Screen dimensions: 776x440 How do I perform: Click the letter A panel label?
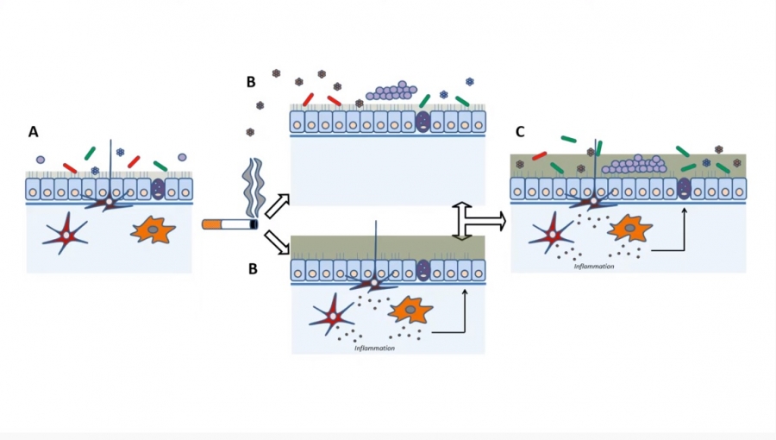33,132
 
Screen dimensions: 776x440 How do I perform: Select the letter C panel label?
520,132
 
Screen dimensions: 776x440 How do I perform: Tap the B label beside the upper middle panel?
251,82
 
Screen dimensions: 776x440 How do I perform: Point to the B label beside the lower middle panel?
253,269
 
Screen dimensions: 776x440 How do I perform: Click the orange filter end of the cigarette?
211,224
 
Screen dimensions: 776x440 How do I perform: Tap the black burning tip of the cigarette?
253,224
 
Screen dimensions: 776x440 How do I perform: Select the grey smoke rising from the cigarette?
253,187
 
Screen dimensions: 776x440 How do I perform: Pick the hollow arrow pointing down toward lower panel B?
277,242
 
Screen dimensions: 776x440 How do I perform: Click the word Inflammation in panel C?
594,267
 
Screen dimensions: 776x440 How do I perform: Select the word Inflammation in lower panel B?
375,348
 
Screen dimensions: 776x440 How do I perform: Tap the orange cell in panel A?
153,229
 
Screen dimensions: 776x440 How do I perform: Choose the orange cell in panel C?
629,229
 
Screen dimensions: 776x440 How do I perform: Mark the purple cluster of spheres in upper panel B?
391,91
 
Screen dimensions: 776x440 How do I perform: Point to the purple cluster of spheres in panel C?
635,165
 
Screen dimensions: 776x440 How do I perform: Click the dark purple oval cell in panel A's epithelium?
158,189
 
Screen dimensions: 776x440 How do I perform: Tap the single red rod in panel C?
540,156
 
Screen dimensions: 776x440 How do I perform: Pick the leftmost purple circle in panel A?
41,160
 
